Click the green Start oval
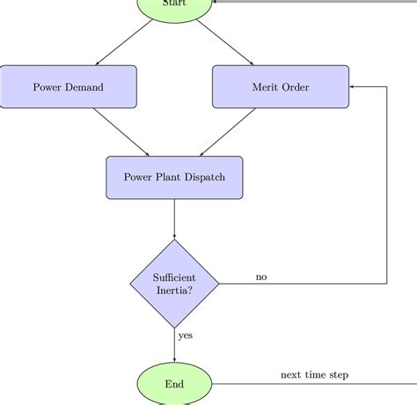coord(174,7)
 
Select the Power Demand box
coord(69,87)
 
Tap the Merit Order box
coord(281,87)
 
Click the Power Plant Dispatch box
coord(174,177)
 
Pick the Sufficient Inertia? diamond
coord(174,283)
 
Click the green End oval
coord(174,384)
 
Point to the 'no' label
coord(261,277)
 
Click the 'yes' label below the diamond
coord(186,335)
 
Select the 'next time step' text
coord(314,375)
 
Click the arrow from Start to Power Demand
coord(125,42)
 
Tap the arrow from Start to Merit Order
coord(224,42)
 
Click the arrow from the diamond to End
coord(174,343)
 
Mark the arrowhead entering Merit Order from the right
coord(353,87)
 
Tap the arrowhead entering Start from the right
coord(216,2)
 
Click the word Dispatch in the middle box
coord(204,177)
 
